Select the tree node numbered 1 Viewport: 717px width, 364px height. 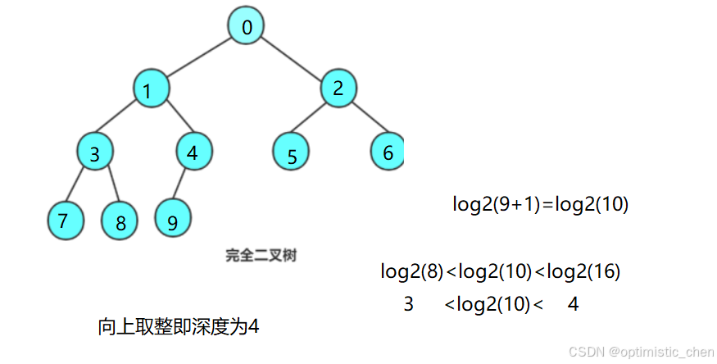tap(150, 89)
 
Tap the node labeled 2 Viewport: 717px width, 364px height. tap(338, 88)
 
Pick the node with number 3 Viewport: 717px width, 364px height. tap(95, 152)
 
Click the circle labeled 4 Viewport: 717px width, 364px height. tap(194, 152)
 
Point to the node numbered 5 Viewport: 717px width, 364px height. tap(293, 154)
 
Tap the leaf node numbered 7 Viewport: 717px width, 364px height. tap(64, 221)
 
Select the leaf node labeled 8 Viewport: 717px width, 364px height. tap(121, 221)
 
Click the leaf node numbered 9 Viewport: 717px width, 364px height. tap(173, 221)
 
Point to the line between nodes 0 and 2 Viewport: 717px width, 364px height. tap(293, 57)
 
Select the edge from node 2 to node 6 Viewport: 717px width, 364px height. tap(364, 120)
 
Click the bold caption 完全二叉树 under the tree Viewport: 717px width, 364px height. tap(261, 256)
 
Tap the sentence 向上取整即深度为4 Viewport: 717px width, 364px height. tap(179, 326)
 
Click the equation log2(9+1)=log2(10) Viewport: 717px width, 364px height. tap(540, 204)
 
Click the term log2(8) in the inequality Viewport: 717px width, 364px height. tap(411, 271)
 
